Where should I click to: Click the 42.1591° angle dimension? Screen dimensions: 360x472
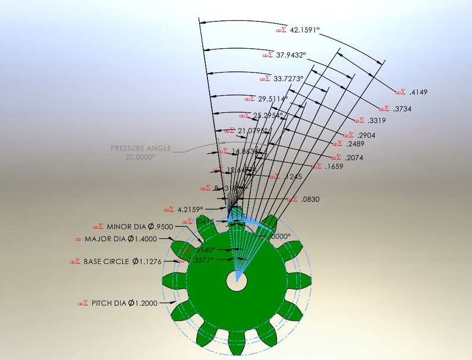pos(304,30)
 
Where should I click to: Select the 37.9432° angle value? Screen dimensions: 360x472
pos(290,55)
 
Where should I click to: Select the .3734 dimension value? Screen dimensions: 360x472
pos(402,109)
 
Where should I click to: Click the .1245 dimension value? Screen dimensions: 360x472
pos(292,177)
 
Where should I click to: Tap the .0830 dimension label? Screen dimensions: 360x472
pos(310,200)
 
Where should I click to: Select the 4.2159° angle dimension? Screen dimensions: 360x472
pos(190,209)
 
